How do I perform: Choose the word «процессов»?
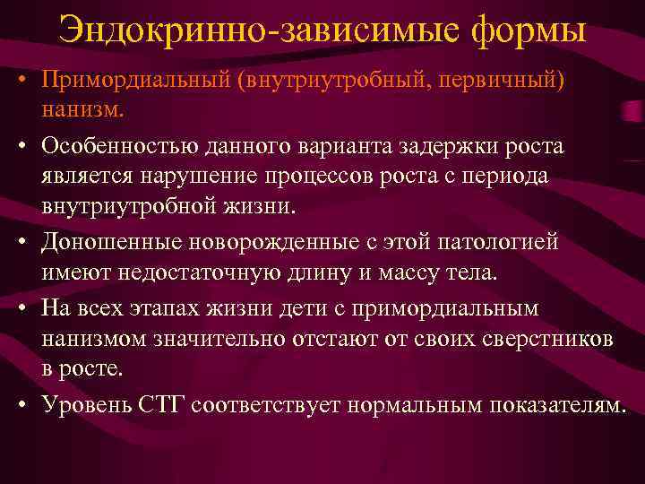point(331,177)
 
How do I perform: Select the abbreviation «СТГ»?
point(190,403)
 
